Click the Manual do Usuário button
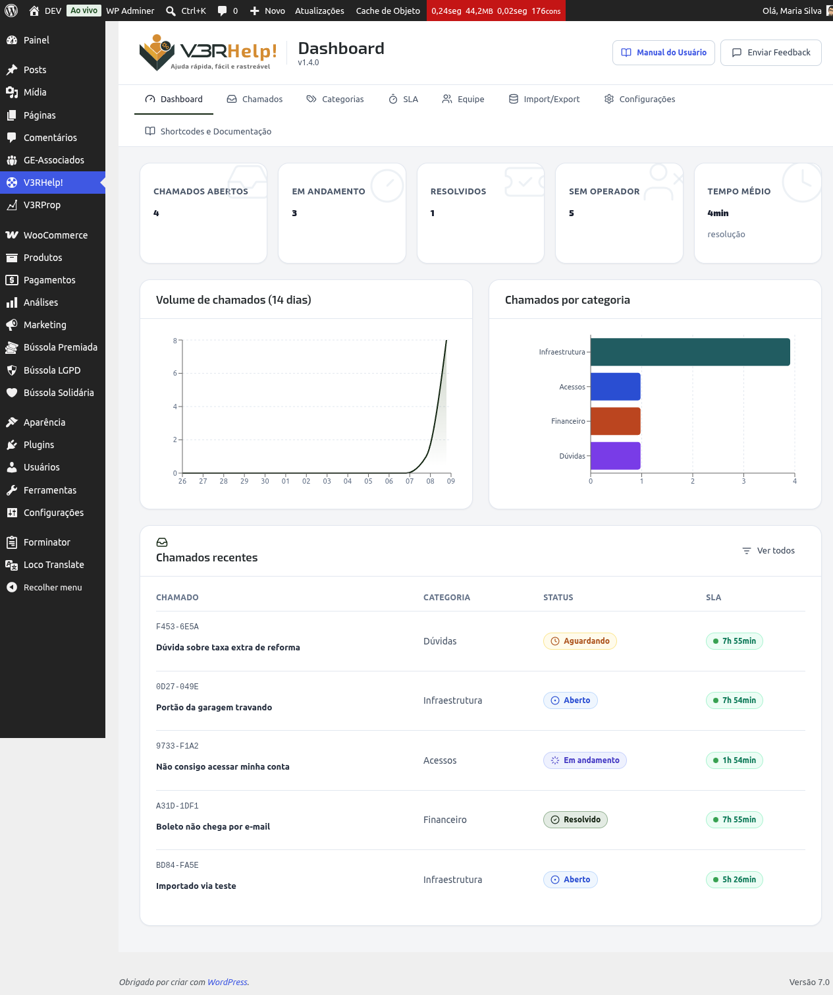coord(663,53)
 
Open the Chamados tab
coord(254,99)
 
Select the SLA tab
coord(403,99)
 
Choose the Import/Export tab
coord(544,99)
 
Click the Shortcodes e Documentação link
coord(208,131)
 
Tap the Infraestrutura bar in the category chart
coord(689,352)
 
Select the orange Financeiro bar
coord(615,421)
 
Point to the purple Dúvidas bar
coord(615,456)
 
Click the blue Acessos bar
coord(615,386)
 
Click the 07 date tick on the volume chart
coord(410,481)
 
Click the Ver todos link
coord(768,550)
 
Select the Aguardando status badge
coord(579,641)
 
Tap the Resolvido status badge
coord(576,819)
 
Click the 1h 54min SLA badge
coord(734,760)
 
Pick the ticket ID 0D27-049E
coord(177,686)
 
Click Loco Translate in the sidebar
coord(53,565)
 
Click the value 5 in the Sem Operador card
coord(572,213)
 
